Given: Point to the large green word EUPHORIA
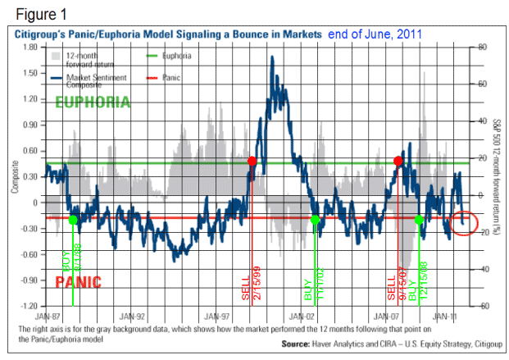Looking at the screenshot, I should tap(92, 103).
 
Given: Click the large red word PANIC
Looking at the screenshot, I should tap(78, 282).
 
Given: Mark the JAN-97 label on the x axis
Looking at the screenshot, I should tap(216, 314).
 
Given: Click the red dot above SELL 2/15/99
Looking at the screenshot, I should tap(252, 162).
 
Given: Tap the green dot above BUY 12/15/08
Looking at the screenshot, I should tap(420, 220).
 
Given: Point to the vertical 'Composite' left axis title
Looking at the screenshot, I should tap(14, 176).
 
